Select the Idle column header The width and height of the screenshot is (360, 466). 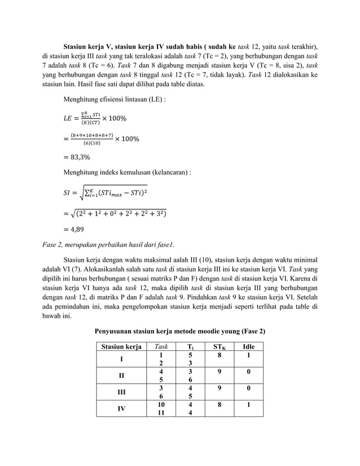(x=248, y=346)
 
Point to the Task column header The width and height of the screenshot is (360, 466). (x=160, y=346)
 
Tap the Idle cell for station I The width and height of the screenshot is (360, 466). (x=248, y=355)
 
